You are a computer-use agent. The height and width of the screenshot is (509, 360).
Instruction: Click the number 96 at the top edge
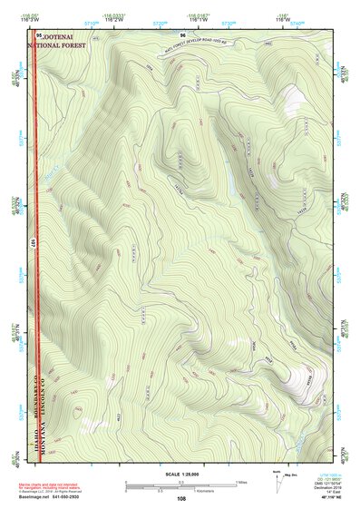click(182, 34)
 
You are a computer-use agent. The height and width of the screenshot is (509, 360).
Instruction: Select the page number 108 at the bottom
click(182, 498)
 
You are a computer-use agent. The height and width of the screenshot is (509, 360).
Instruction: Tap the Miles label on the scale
click(243, 481)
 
